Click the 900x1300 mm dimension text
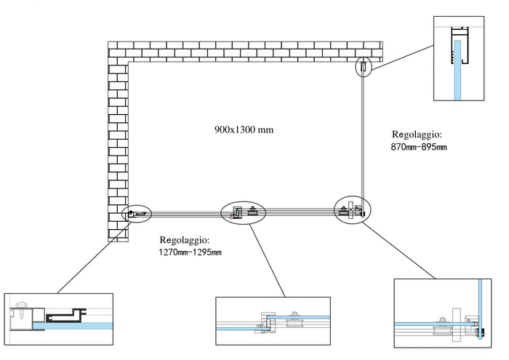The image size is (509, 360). pos(244,130)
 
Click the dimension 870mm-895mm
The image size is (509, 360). pos(419,148)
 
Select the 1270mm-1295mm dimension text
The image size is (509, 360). pos(190,252)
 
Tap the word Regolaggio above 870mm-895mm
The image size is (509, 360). pos(417,135)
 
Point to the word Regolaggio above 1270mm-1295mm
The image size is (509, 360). pos(185,239)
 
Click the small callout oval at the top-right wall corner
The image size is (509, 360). pos(364,68)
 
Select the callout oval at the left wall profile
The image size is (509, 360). pos(137,214)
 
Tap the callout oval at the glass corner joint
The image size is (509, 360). pos(353,210)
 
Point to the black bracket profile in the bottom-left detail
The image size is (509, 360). pos(61,316)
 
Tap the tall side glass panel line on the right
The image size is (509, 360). pos(364,138)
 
